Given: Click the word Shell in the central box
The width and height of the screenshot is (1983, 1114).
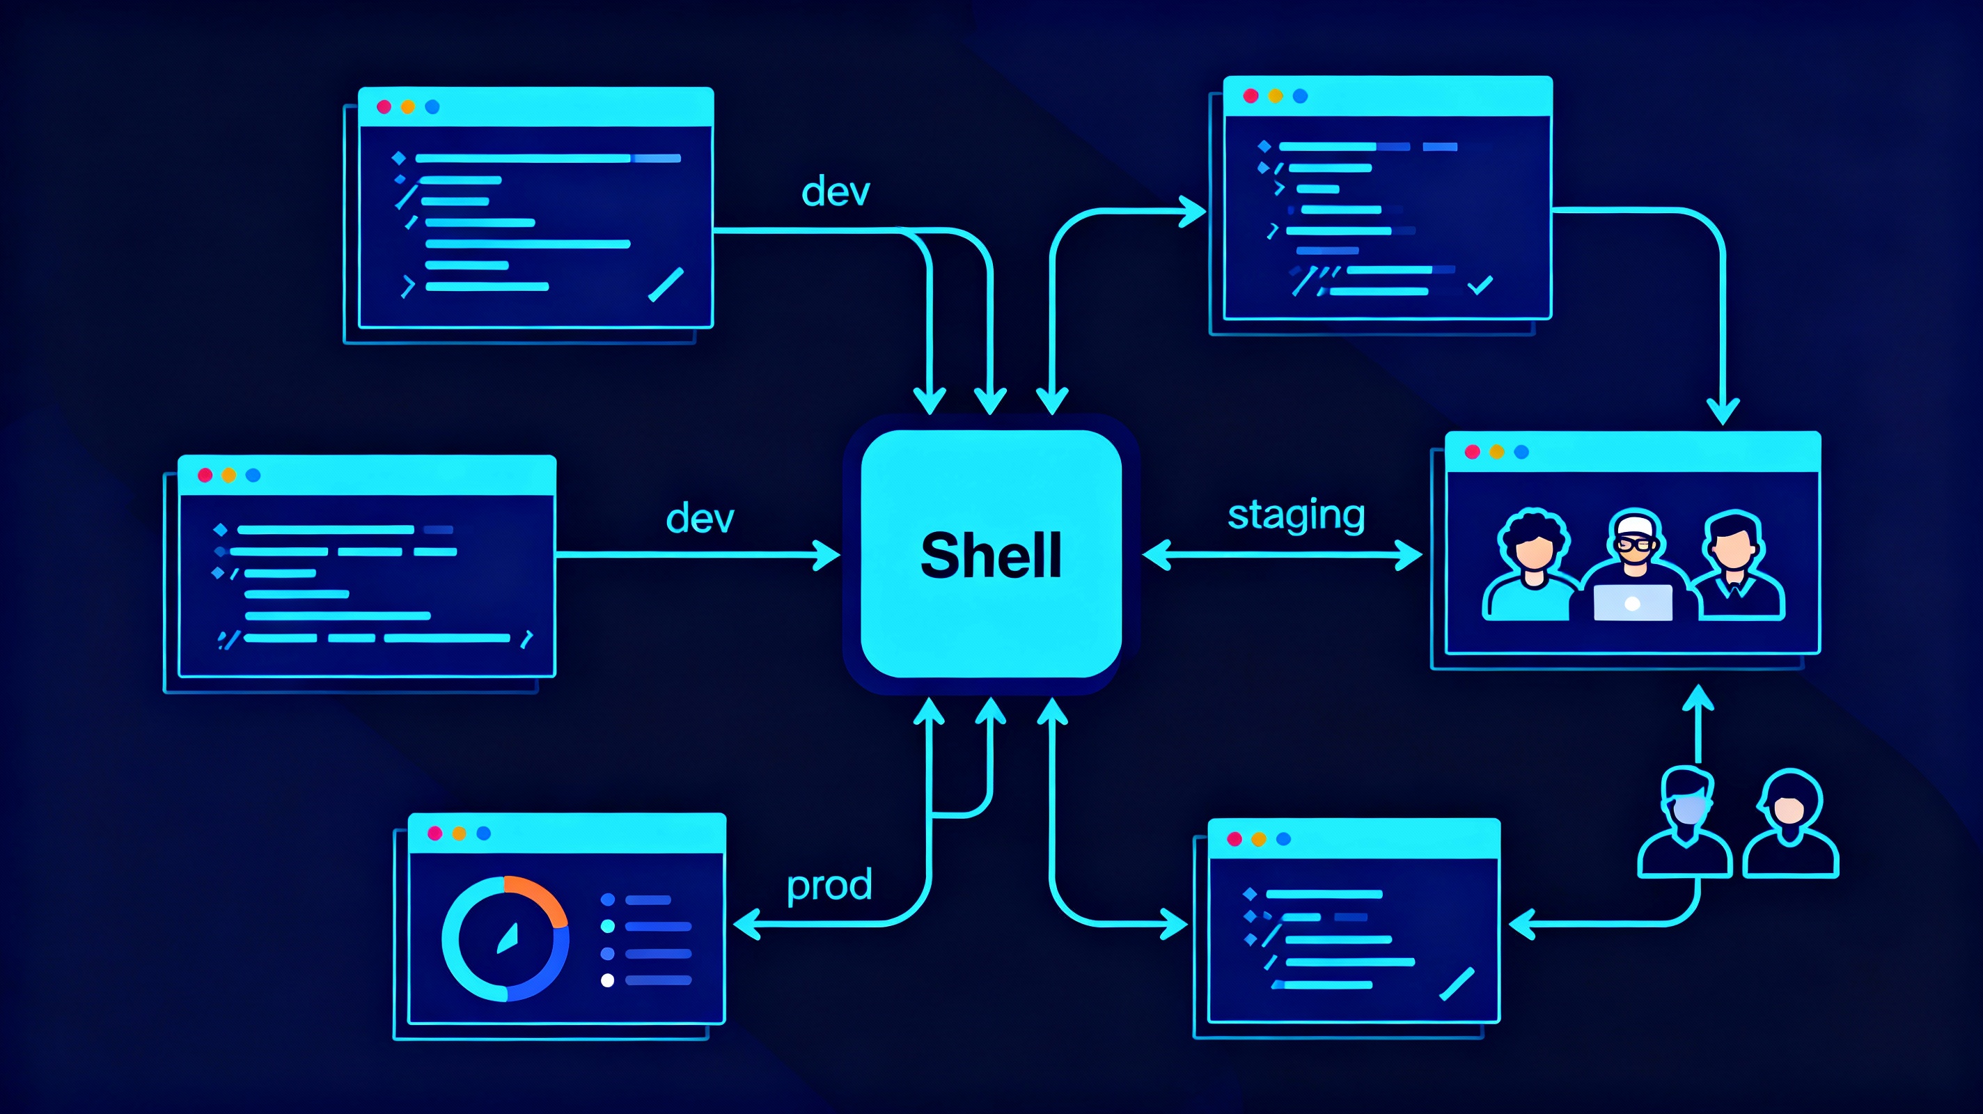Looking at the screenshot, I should point(991,555).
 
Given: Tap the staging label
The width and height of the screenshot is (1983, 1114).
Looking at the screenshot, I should point(1296,515).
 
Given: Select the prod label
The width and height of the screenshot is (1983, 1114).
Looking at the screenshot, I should point(829,886).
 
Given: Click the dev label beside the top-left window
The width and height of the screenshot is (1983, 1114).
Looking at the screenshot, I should point(836,191).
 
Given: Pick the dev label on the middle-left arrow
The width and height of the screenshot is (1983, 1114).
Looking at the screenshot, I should point(700,518).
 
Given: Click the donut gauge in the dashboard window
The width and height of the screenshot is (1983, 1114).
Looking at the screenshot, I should point(505,939).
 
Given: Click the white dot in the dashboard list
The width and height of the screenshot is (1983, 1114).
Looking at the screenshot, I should point(607,980).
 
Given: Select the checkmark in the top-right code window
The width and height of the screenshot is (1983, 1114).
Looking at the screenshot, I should point(1480,285).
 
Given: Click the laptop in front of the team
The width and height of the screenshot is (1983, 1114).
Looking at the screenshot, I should point(1632,603).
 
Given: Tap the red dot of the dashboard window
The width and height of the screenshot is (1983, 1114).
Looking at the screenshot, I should point(435,833).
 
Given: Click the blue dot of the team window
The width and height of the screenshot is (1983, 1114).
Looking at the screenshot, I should point(1521,452).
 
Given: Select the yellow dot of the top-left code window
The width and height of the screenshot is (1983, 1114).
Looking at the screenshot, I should point(408,107).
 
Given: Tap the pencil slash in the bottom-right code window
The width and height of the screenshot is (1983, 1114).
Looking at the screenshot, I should point(1457,984).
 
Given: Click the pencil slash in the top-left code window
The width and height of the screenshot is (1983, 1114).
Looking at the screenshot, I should point(666,284).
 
